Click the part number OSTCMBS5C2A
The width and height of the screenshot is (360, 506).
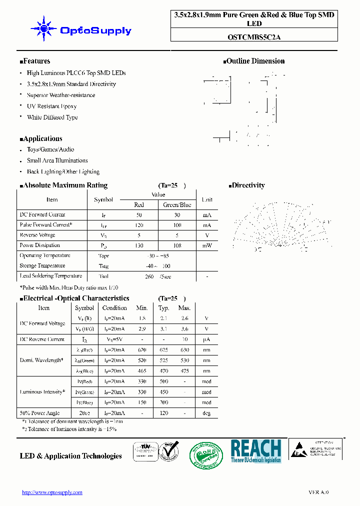point(254,36)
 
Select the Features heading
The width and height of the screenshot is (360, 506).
point(35,61)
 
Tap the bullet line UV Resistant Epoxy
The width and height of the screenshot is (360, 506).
point(51,106)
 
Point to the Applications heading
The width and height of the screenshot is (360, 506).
point(41,138)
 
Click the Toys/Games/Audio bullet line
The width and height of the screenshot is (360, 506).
point(50,149)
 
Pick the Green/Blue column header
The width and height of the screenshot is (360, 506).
point(177,204)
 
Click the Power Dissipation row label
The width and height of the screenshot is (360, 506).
point(39,245)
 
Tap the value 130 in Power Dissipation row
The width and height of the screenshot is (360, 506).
point(139,245)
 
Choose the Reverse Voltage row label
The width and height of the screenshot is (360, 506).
point(37,235)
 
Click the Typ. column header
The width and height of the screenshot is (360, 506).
point(163,308)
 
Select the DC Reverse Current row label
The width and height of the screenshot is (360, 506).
point(42,339)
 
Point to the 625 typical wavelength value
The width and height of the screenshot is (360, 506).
point(163,350)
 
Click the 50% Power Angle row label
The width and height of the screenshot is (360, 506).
point(39,413)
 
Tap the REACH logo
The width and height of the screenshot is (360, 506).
point(255,450)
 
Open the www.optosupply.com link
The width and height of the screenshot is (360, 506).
point(52,492)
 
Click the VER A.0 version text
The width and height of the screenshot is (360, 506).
point(318,492)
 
